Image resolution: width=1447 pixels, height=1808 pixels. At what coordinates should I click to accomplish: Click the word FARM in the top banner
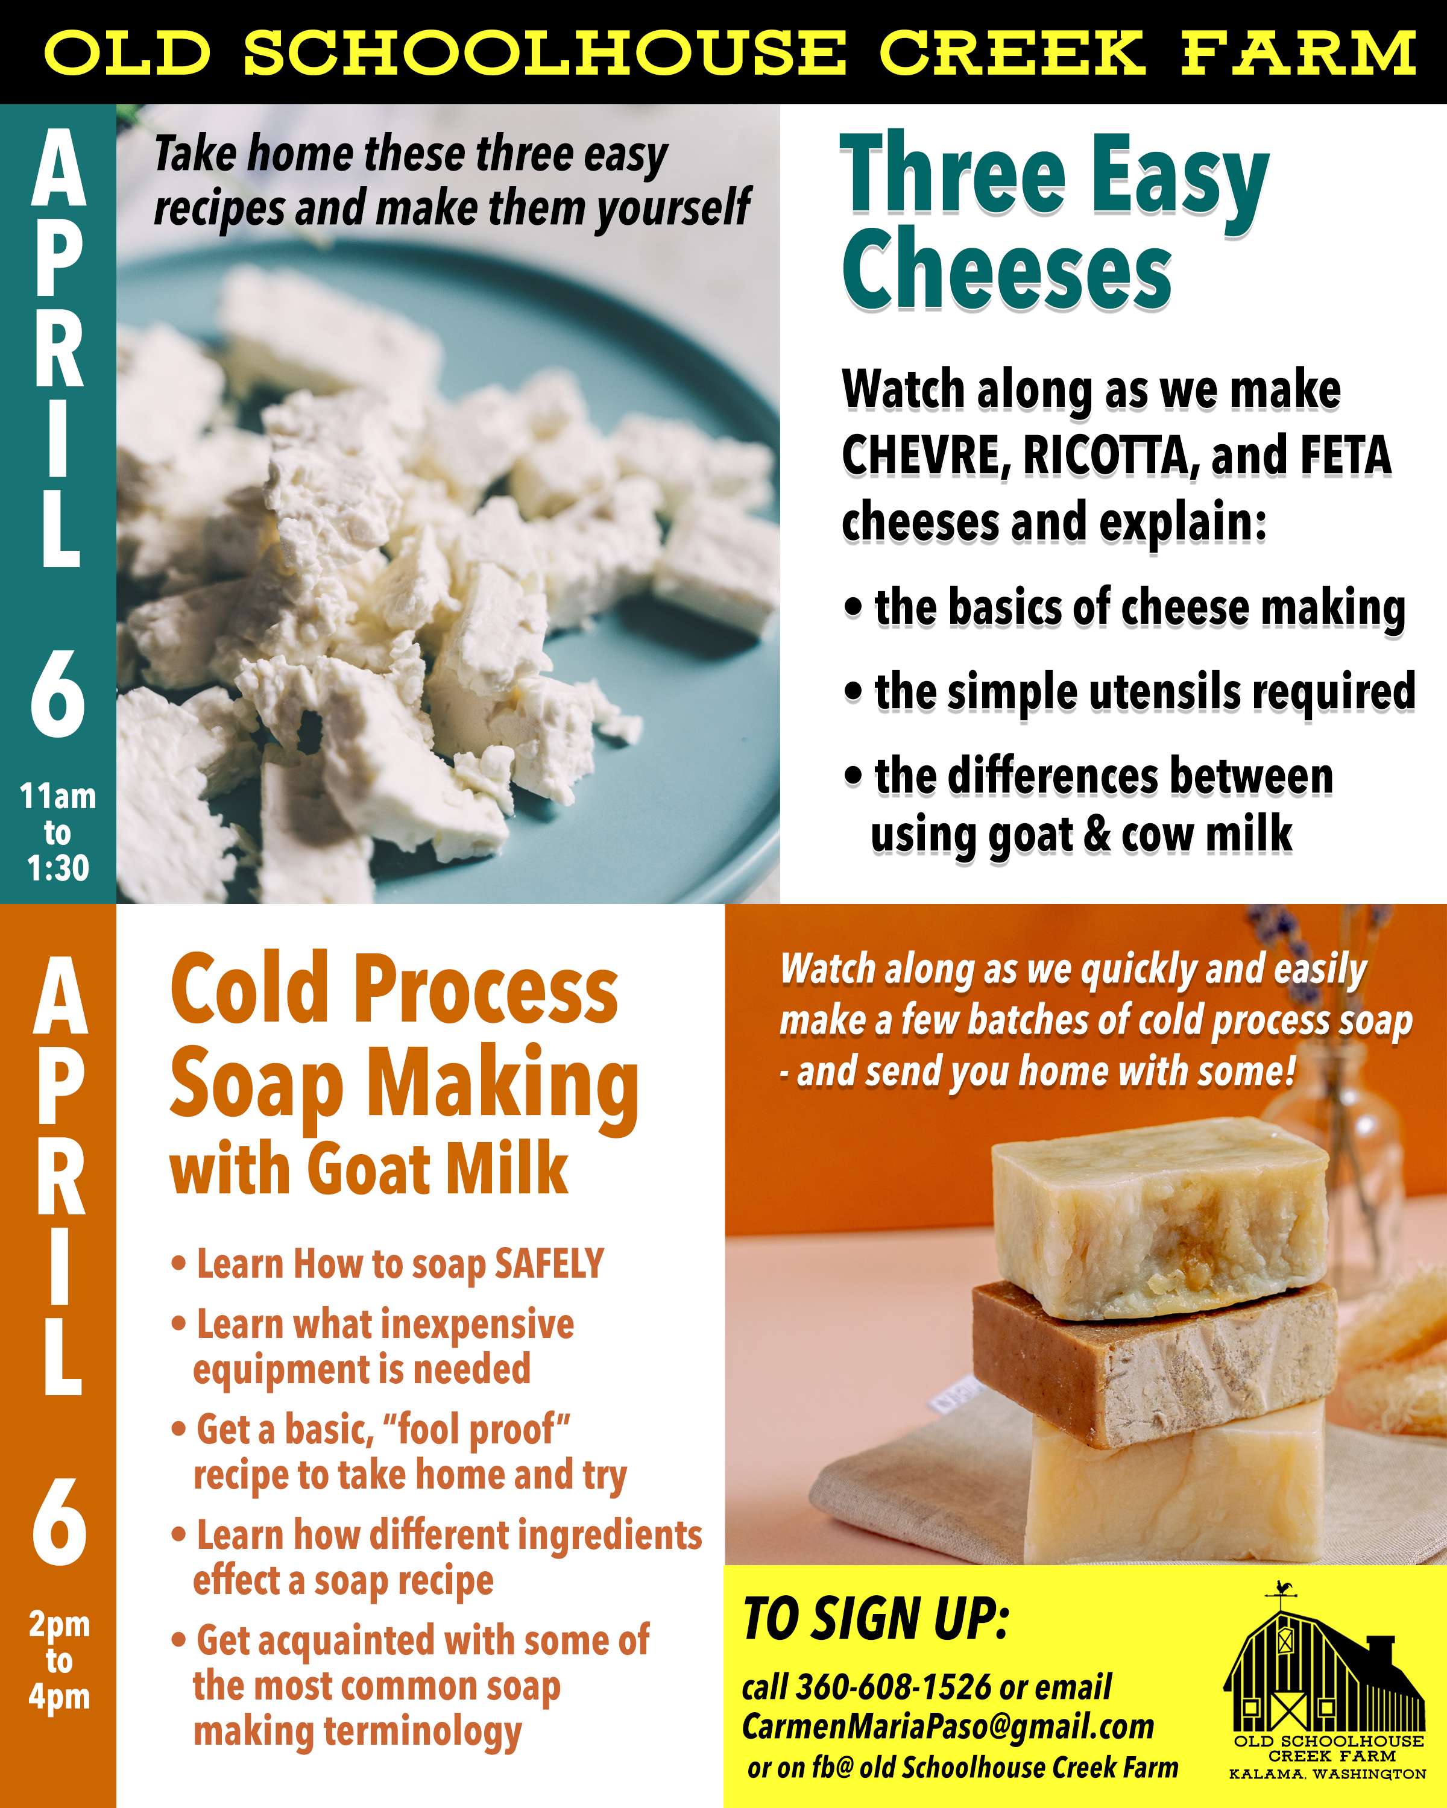coord(1299,53)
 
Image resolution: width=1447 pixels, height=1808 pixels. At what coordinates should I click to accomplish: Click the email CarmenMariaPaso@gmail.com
coord(948,1727)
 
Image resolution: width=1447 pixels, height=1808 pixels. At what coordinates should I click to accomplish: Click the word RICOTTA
coord(1106,456)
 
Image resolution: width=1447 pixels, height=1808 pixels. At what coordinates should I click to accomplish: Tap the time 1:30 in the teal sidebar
coord(58,868)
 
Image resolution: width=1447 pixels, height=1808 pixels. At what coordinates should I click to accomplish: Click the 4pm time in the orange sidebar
coord(58,1697)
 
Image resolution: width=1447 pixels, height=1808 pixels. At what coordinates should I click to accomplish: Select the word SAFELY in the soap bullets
coord(549,1263)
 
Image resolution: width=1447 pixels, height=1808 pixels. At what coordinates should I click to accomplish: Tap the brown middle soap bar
coord(1154,1363)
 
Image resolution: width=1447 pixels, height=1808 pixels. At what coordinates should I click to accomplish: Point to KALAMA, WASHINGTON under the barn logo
coord(1327,1774)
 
